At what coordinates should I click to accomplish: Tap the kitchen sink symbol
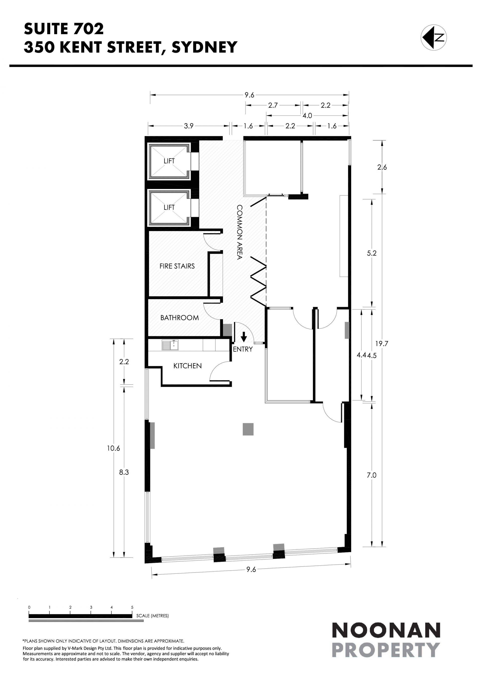click(x=170, y=345)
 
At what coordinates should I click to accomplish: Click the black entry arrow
click(x=244, y=337)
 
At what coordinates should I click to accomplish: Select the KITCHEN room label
click(x=188, y=366)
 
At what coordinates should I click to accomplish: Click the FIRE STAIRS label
click(x=177, y=266)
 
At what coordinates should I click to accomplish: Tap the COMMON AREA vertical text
click(x=239, y=232)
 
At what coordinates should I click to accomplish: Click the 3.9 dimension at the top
click(x=189, y=126)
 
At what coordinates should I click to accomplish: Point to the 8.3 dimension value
click(x=124, y=472)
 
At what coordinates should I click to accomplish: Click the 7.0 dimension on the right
click(x=371, y=475)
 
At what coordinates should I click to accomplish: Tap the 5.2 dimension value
click(x=372, y=253)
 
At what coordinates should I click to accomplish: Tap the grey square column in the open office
click(x=248, y=429)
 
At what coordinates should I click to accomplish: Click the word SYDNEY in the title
click(x=205, y=47)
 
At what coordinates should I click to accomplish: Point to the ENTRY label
click(x=243, y=349)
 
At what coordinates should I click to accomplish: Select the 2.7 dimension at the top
click(x=273, y=105)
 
